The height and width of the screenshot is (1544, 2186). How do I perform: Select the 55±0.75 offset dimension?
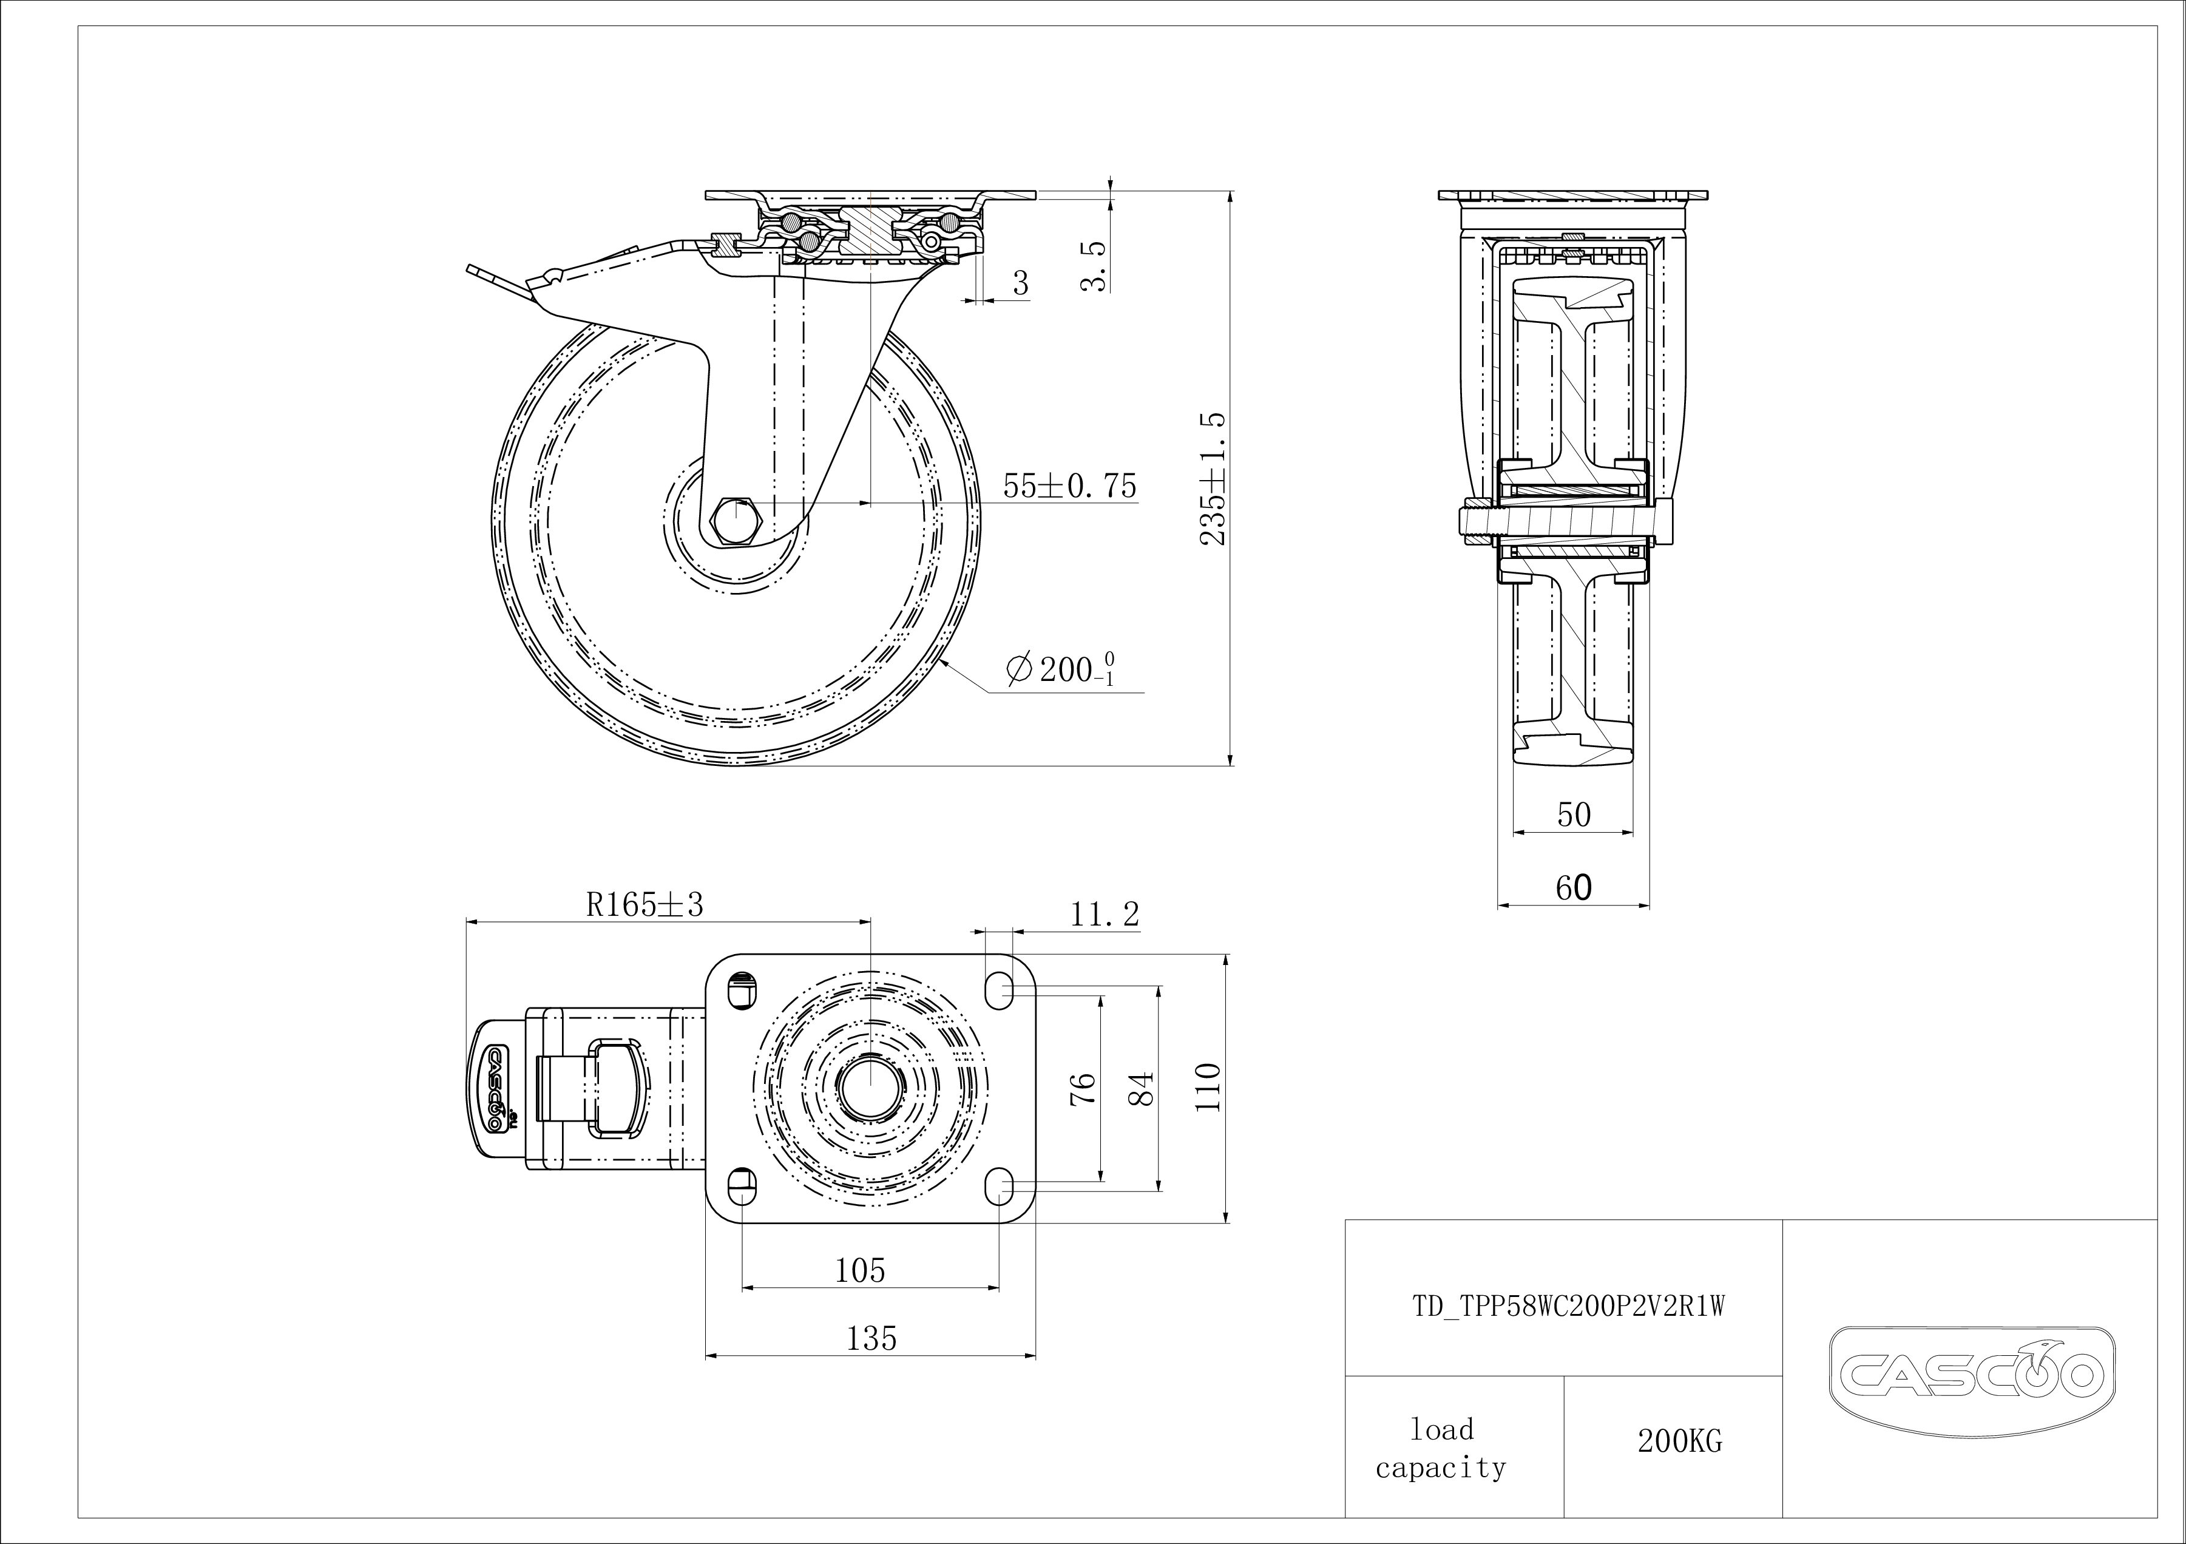(x=1070, y=486)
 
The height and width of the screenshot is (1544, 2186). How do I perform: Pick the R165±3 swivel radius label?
(x=645, y=904)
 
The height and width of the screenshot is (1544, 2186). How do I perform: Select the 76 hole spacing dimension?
(x=1083, y=1088)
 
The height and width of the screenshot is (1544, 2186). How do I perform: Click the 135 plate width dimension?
(x=872, y=1338)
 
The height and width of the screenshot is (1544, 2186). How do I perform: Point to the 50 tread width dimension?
(x=1574, y=815)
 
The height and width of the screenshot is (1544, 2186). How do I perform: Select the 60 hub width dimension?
(x=1574, y=888)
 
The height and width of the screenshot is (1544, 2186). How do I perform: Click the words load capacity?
(x=1441, y=1448)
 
